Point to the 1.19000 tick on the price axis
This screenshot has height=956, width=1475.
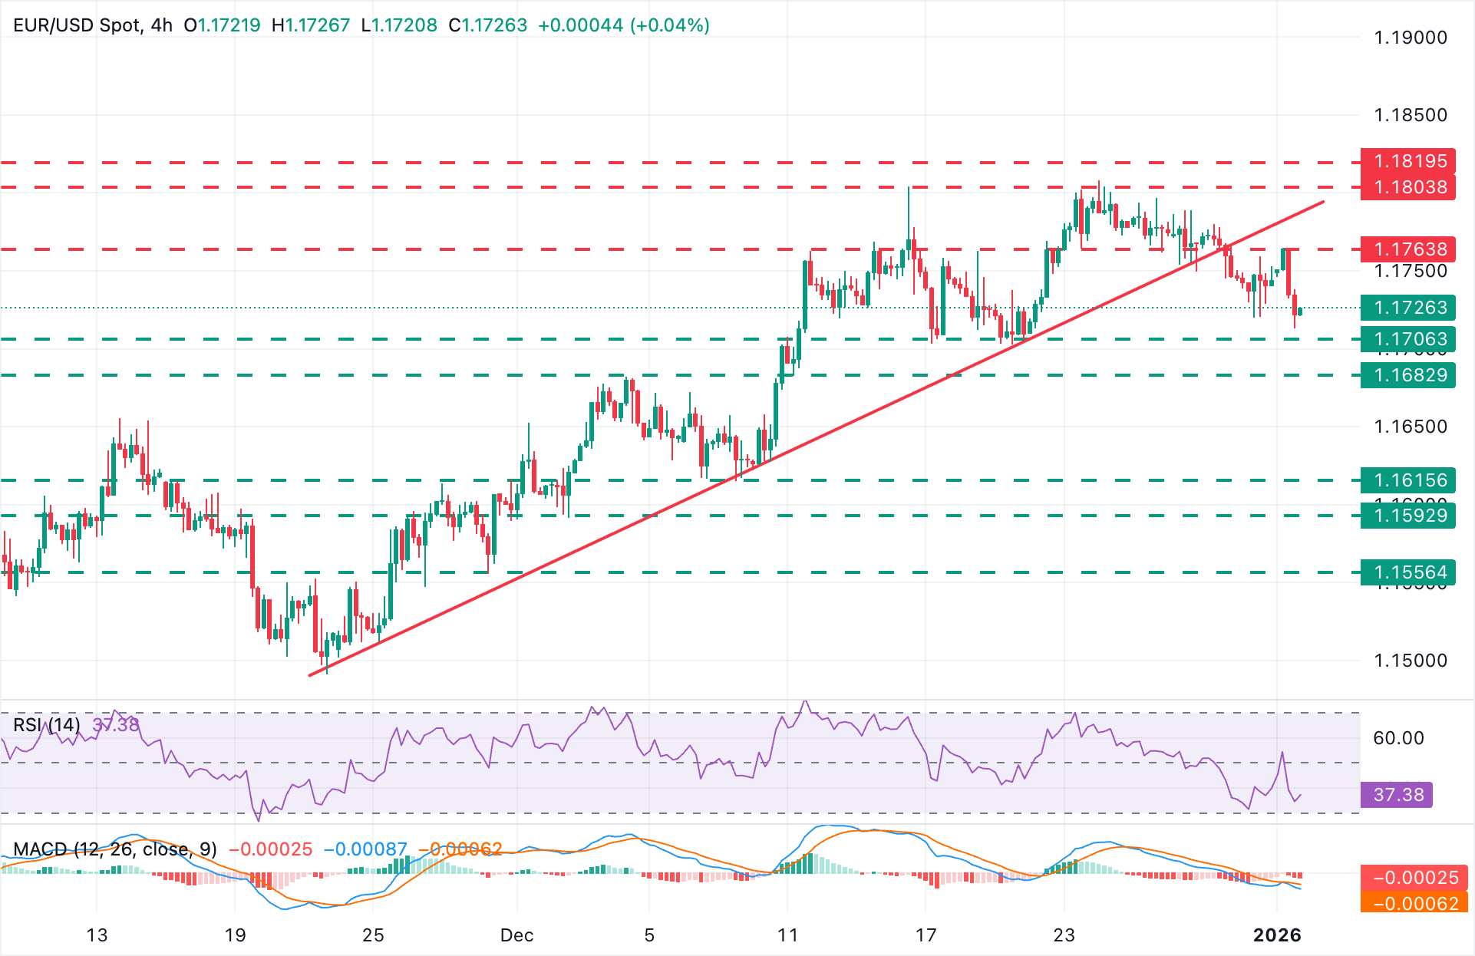pos(1410,38)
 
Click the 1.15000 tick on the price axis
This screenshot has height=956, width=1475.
pos(1410,661)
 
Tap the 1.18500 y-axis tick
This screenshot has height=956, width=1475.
pos(1410,115)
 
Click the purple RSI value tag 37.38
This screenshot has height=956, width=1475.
pos(1397,795)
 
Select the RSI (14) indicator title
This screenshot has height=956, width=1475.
pos(46,725)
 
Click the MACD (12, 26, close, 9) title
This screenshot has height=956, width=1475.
pos(115,849)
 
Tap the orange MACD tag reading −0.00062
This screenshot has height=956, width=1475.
pos(1414,904)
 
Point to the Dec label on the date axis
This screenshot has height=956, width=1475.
pos(516,935)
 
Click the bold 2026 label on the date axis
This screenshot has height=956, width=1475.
pos(1277,935)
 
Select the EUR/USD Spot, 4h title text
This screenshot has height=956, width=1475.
pos(93,25)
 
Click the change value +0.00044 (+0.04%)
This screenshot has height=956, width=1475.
pos(623,25)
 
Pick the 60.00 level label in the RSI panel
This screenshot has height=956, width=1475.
pos(1397,738)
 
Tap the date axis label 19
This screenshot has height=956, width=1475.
pos(235,935)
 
